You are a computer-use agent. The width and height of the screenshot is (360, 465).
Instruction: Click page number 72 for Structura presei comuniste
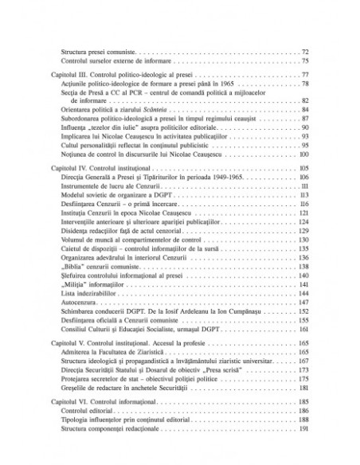coord(306,53)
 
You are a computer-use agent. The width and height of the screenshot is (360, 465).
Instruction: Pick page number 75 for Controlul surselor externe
coord(306,61)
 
